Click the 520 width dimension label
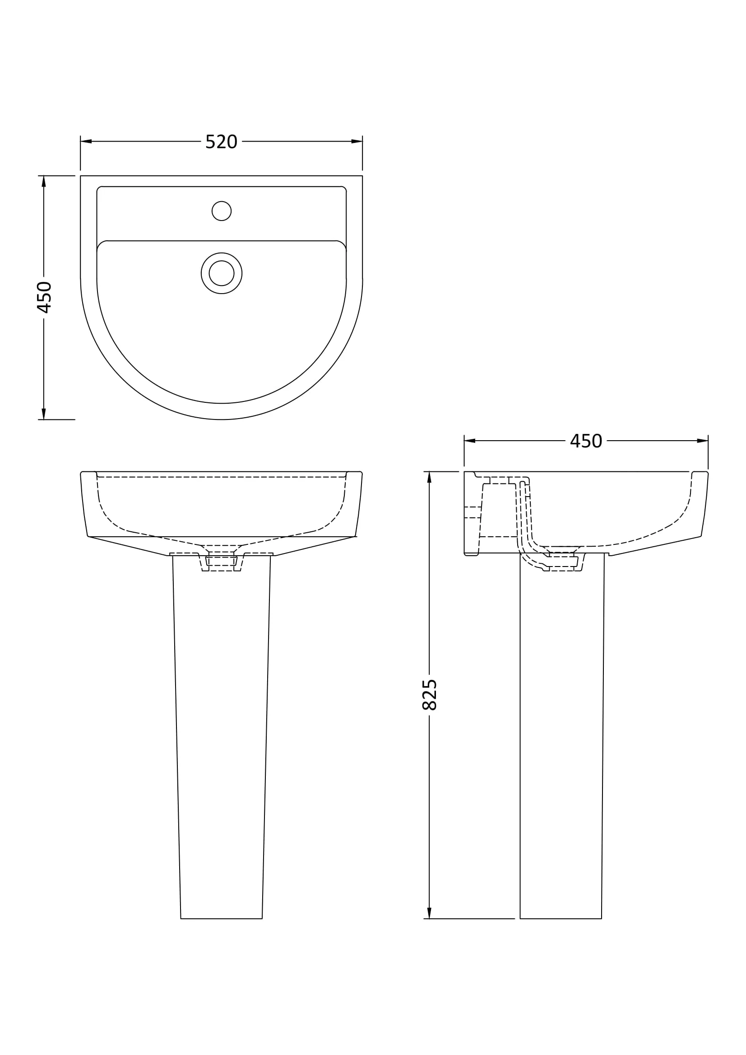(x=221, y=142)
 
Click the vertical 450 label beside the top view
(x=44, y=297)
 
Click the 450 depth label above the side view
(x=586, y=441)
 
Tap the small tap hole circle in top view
(x=222, y=211)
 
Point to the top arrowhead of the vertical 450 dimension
(x=44, y=181)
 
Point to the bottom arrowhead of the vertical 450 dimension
(x=44, y=414)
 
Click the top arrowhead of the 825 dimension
(x=429, y=477)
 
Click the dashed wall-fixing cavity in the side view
(x=499, y=510)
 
